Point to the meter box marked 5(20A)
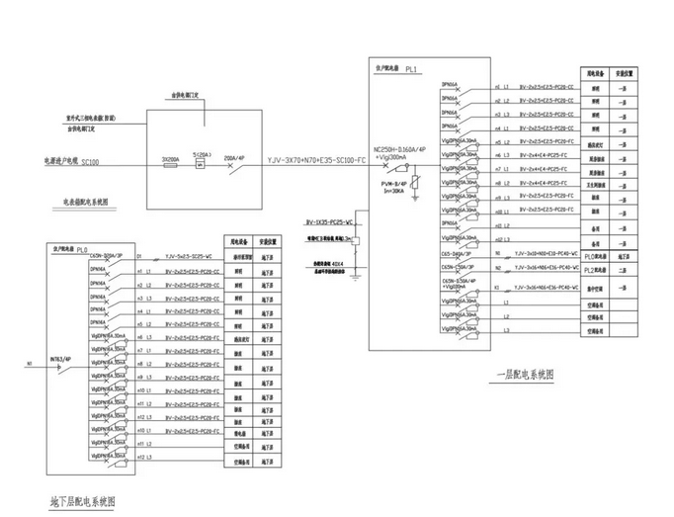coord(201,160)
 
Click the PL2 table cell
coord(595,267)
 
